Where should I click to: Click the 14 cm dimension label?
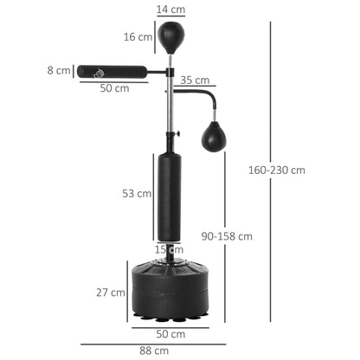(x=170, y=10)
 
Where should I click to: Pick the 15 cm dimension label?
(x=167, y=250)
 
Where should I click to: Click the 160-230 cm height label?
(x=299, y=170)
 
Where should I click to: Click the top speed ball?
(x=170, y=36)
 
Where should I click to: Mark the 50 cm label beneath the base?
(x=170, y=333)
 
